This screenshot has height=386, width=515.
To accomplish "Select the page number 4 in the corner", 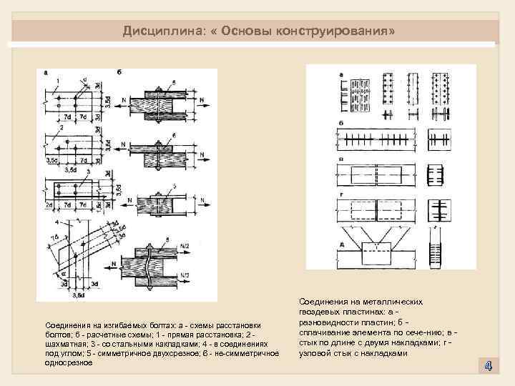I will (x=487, y=366).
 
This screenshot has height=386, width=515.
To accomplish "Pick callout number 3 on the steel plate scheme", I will (x=87, y=173).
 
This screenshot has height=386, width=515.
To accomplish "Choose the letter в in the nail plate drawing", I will (x=342, y=159).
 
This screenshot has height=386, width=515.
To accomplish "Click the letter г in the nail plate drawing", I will (x=342, y=194).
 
